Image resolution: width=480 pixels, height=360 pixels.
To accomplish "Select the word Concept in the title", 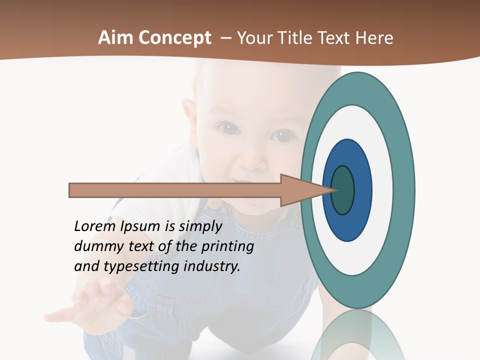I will (x=175, y=38).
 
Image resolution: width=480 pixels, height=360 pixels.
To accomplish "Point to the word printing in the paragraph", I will (x=227, y=247).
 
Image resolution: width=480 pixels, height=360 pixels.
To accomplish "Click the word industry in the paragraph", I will (x=212, y=266).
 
